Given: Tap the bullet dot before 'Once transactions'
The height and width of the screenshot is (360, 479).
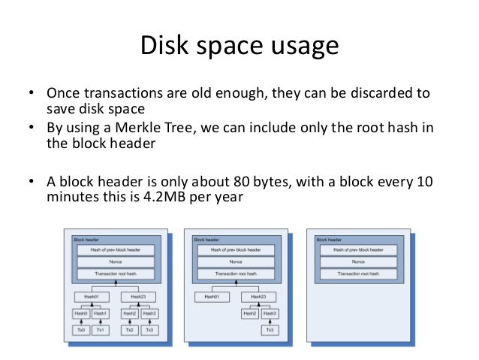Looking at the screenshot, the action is [32, 93].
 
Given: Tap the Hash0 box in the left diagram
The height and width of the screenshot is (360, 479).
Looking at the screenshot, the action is [80, 313].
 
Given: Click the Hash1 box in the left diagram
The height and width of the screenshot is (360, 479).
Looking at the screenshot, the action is [101, 313].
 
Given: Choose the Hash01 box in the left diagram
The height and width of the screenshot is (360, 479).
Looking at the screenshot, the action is [90, 297].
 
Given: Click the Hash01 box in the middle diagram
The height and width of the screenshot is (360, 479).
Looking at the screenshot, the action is [211, 297].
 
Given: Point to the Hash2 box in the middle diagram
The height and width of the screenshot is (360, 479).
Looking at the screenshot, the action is [249, 313].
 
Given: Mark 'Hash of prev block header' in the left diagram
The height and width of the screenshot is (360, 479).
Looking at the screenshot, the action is [115, 249].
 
